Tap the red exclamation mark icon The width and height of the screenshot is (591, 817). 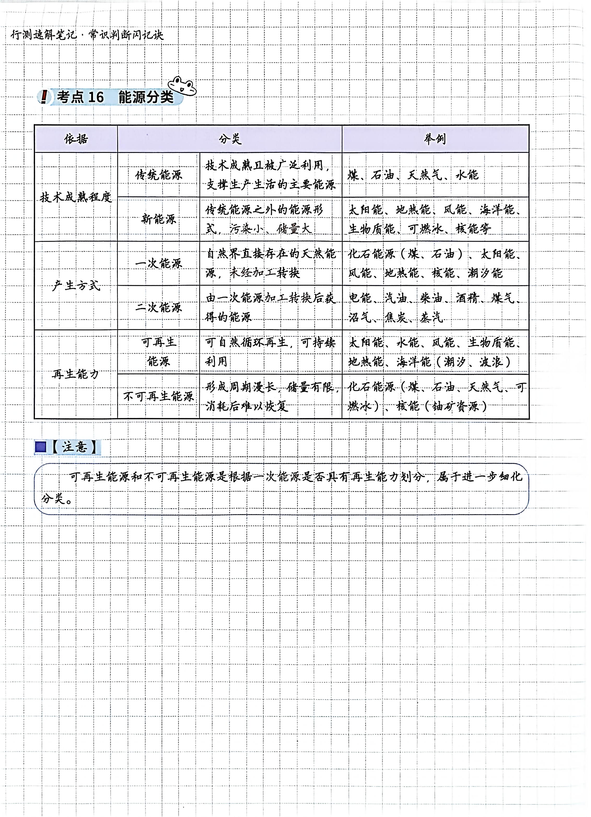click(x=44, y=97)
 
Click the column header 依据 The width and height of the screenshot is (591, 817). click(x=76, y=139)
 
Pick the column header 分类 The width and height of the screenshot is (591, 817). click(x=230, y=139)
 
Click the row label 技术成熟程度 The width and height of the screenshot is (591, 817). click(x=76, y=197)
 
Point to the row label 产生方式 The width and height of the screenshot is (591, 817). click(x=76, y=286)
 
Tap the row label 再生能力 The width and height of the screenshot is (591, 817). click(x=76, y=374)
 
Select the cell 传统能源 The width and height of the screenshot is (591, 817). click(x=159, y=175)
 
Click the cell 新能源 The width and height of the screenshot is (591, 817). click(x=159, y=219)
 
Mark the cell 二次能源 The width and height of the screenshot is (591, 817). click(x=159, y=308)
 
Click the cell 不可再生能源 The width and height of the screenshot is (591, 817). click(x=159, y=396)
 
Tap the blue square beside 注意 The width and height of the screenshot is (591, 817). click(x=40, y=447)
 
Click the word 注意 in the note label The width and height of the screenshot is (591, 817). click(x=75, y=447)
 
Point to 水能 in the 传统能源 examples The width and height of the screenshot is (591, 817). click(x=467, y=175)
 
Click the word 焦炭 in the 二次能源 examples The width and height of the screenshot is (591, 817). click(x=396, y=317)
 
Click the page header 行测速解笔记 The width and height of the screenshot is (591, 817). click(x=43, y=35)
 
